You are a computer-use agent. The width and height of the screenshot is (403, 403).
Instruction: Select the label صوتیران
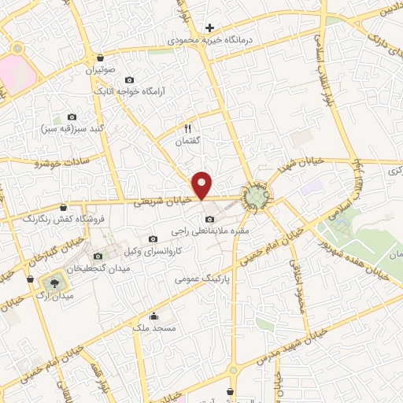click(101, 69)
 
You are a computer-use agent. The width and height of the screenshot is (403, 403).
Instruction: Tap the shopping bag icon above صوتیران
click(100, 57)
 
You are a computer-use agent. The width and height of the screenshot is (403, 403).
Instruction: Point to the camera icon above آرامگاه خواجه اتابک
click(129, 80)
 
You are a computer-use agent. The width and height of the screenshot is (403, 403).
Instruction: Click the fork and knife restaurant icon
click(187, 127)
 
